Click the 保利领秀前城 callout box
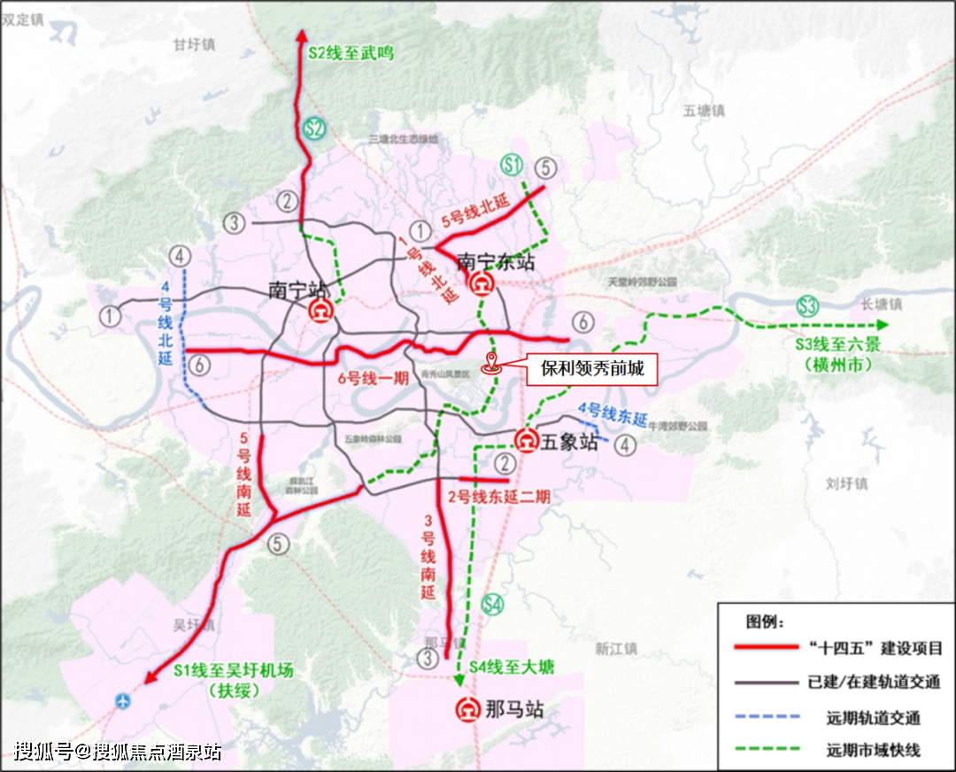point(592,369)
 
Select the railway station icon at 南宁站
point(320,312)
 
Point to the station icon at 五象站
point(527,440)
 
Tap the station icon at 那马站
point(466,709)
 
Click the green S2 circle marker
point(312,128)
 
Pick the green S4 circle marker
point(493,605)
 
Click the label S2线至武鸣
point(351,53)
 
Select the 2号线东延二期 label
point(498,498)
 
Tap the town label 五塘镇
point(704,111)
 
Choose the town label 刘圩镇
point(846,484)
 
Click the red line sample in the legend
point(767,648)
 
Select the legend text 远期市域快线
point(873,749)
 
